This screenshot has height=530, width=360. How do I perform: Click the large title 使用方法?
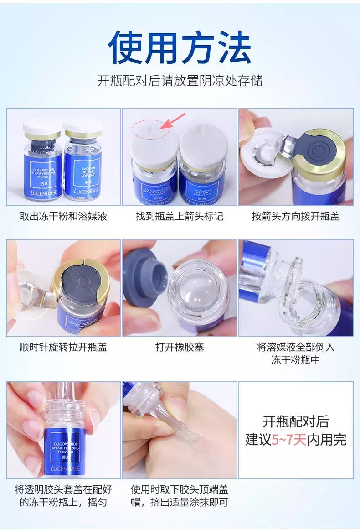180,47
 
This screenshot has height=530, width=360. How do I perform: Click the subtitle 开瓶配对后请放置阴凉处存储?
180,81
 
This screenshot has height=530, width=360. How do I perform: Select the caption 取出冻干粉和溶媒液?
63,216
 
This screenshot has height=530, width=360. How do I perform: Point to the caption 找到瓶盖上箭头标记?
180,216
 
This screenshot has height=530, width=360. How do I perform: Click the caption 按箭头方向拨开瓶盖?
296,216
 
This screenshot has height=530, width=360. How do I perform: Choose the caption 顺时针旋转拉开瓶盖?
63,347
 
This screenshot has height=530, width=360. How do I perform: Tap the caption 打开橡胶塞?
180,347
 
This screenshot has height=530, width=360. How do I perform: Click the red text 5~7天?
288,440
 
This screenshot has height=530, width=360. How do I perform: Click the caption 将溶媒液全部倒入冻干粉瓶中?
296,353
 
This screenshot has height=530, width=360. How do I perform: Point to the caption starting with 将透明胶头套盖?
63,496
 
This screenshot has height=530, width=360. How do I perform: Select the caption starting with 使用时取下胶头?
180,496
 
